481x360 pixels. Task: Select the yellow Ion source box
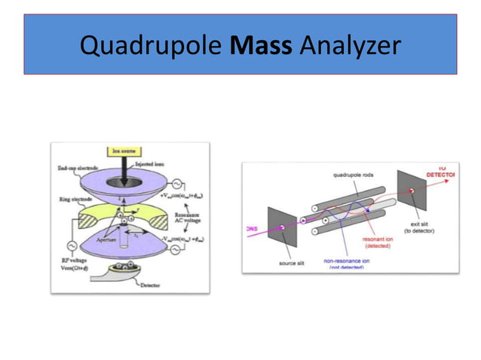coord(121,151)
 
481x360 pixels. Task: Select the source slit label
coord(291,263)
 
